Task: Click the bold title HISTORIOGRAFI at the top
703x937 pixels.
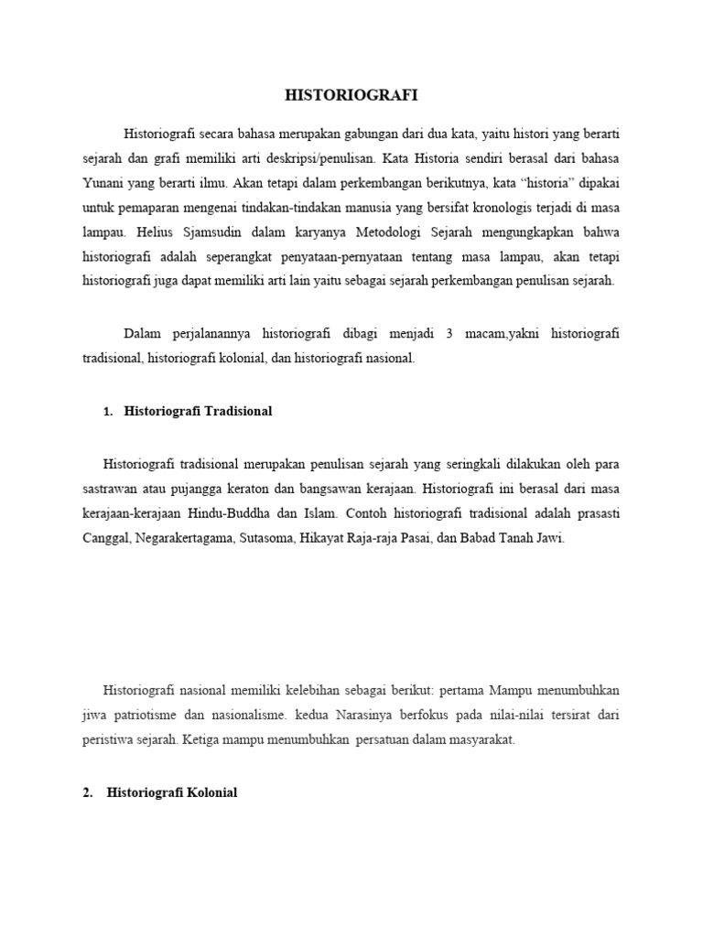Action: click(351, 95)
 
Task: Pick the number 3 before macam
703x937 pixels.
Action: click(450, 334)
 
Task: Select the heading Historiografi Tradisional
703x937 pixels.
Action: click(189, 412)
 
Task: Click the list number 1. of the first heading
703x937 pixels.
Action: click(108, 412)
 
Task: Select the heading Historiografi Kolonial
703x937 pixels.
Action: click(172, 792)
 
